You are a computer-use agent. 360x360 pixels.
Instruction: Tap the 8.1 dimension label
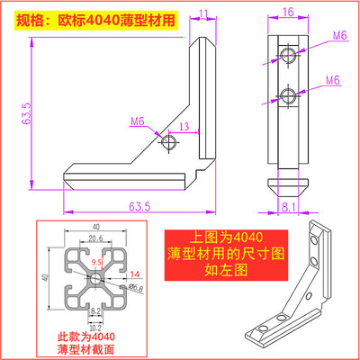click(x=285, y=207)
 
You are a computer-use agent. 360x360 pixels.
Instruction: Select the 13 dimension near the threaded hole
click(x=184, y=127)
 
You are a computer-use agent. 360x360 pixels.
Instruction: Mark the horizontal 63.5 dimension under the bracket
click(x=138, y=206)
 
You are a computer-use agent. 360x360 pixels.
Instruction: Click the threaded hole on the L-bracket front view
click(x=168, y=141)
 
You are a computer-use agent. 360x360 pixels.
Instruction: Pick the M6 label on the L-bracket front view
click(x=137, y=121)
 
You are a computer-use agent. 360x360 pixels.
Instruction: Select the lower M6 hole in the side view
click(x=287, y=96)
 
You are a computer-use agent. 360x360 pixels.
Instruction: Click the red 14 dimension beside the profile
click(x=135, y=274)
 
